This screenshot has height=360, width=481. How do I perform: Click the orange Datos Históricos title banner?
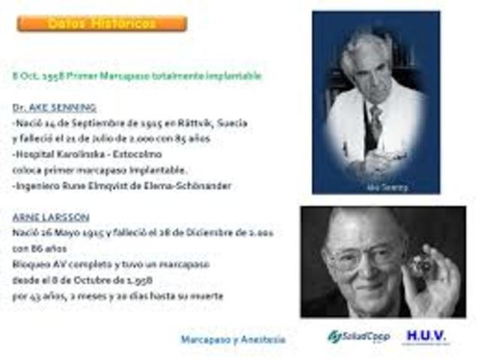[x=101, y=23]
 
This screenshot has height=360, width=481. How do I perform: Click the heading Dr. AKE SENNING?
[x=54, y=107]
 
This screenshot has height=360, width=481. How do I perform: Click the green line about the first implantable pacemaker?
[x=137, y=77]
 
